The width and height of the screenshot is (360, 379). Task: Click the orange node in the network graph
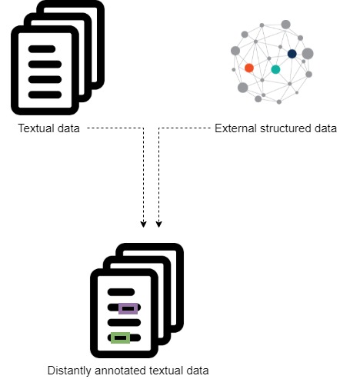pos(248,68)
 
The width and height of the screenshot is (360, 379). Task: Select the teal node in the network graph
pos(275,70)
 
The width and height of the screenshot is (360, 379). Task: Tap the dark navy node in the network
pos(292,54)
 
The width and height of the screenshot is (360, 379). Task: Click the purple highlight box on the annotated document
pos(128,309)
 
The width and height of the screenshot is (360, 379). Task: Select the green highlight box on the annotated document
pos(120,337)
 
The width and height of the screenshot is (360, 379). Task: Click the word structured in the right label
pos(284,128)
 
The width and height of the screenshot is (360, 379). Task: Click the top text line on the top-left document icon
pos(42,48)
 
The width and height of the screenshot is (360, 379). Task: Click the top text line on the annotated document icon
pos(122,292)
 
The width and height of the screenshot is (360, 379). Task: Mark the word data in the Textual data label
pos(68,128)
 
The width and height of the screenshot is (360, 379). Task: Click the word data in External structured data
pos(325,128)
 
